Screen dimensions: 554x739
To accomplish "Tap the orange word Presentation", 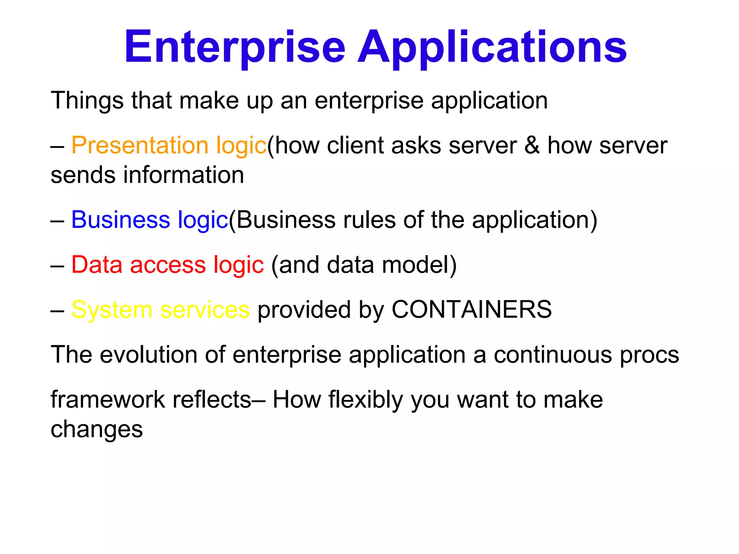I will (140, 145).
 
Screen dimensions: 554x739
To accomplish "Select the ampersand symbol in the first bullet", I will (532, 145).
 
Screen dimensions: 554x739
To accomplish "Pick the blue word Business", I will (121, 220).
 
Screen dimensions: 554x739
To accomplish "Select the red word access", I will (168, 264).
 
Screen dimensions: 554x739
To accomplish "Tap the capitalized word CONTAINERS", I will (471, 309).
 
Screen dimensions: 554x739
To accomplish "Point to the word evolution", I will (148, 355).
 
